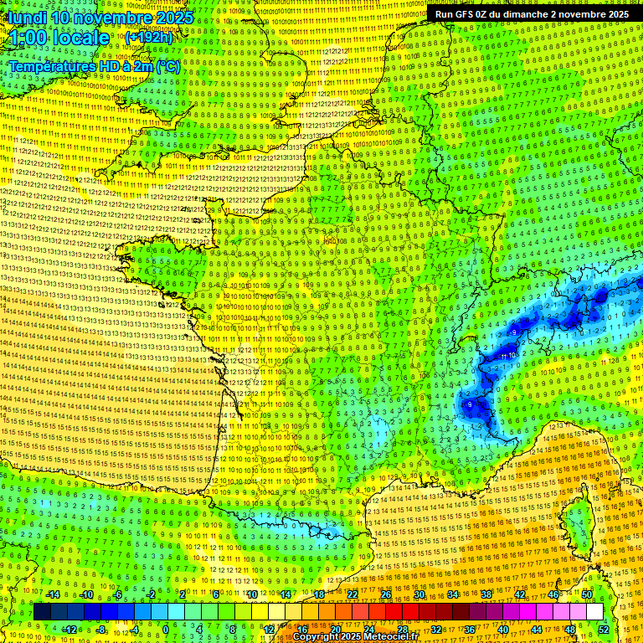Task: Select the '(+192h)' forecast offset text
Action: pos(149,37)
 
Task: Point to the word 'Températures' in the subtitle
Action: pos(52,66)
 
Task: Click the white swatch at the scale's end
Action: pos(594,612)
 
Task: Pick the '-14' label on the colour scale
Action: pos(52,594)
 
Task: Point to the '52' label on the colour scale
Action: pos(604,630)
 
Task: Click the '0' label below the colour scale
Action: pos(166,630)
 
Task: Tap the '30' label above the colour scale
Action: pos(419,594)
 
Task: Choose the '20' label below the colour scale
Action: pos(335,630)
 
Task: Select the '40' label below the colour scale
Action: pos(502,630)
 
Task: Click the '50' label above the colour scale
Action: pos(587,594)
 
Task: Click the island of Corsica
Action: pos(578,523)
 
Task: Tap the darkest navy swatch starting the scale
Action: pos(42,612)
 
